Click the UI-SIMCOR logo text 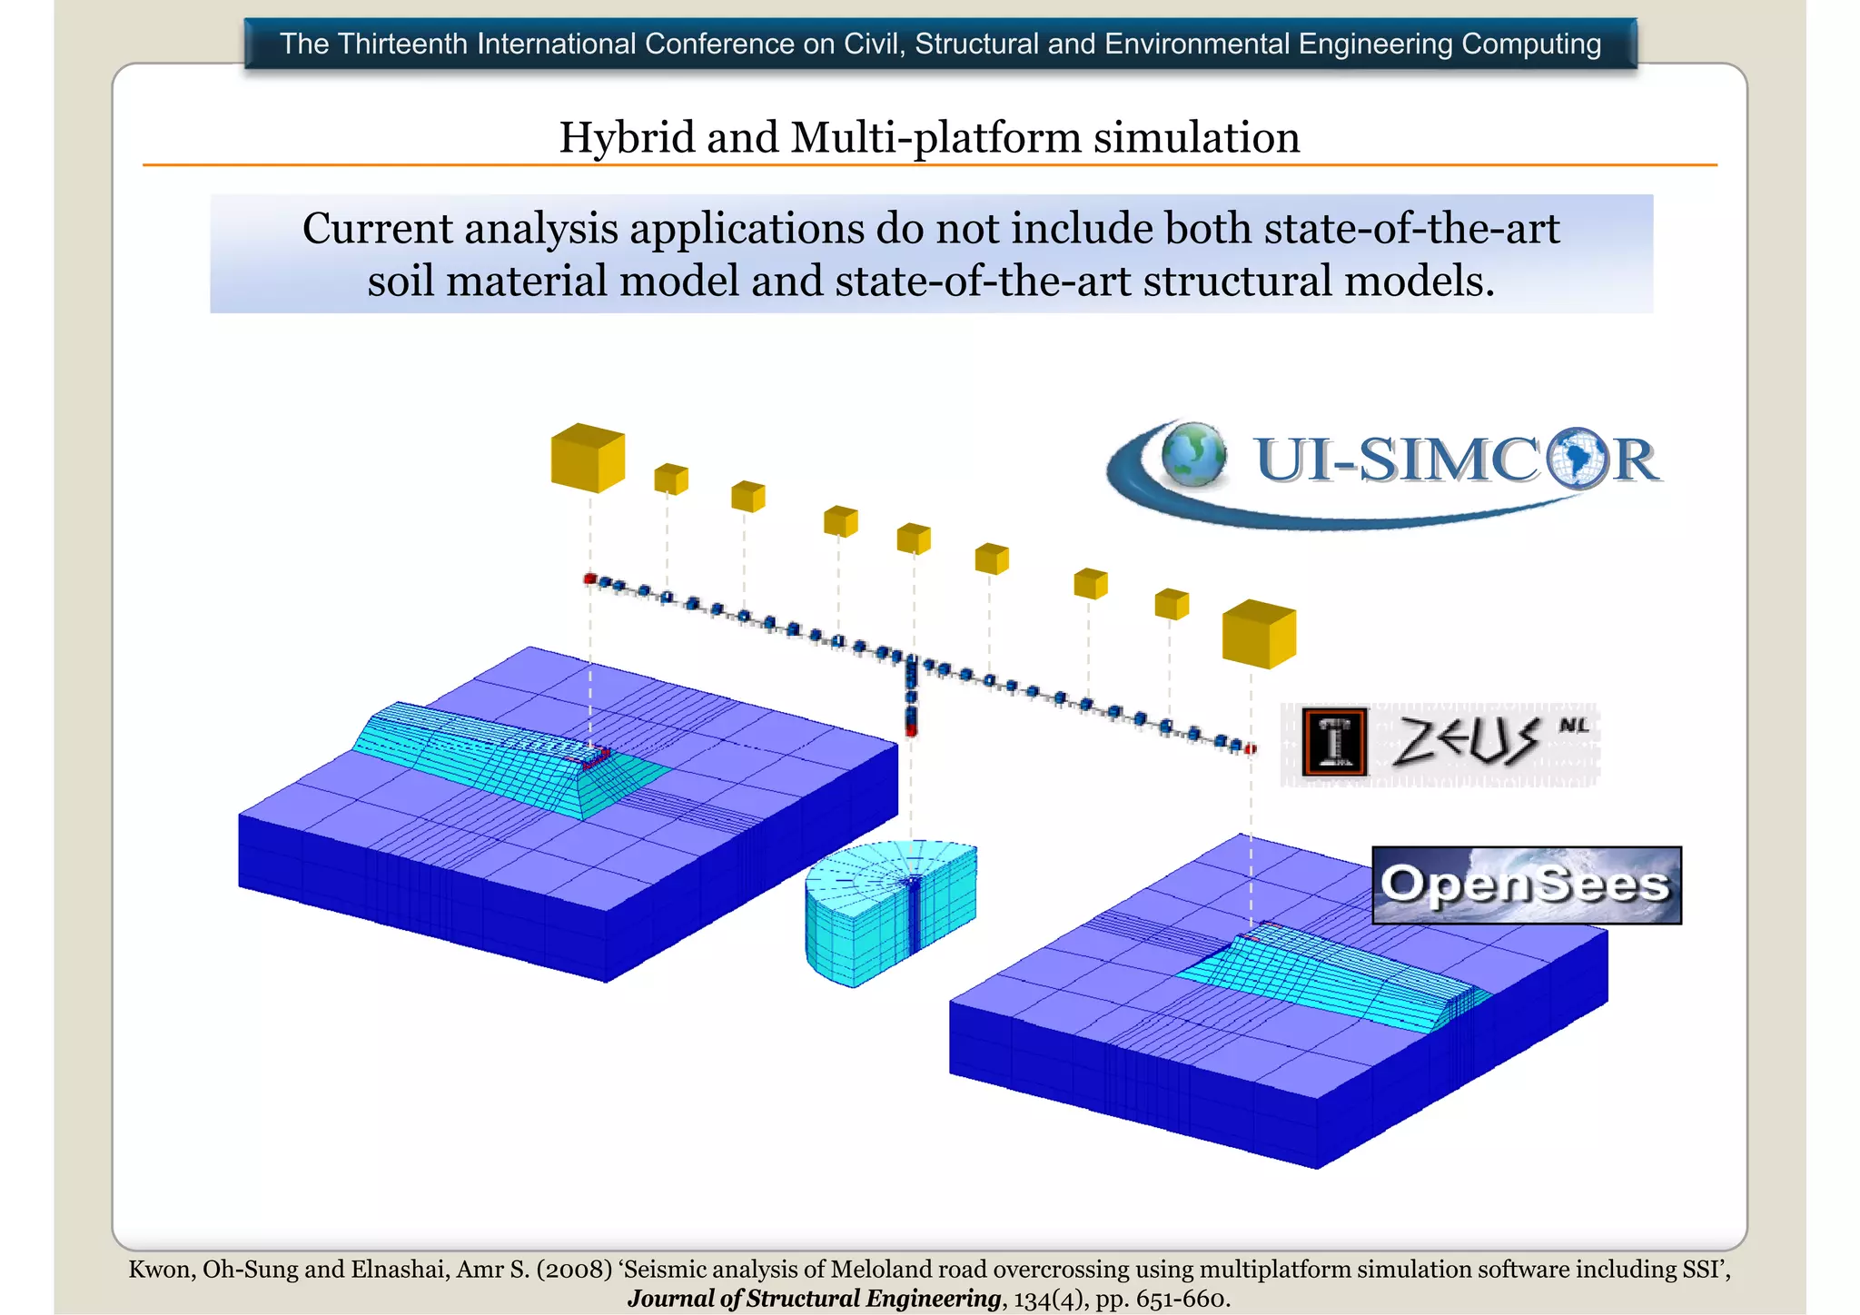[x=1457, y=460]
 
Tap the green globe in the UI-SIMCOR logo [x=1193, y=454]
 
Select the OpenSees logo [x=1526, y=885]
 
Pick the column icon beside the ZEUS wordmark [x=1334, y=742]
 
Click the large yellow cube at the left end [x=588, y=458]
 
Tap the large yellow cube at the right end [x=1259, y=634]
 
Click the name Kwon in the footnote [x=160, y=1269]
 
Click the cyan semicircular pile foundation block [x=890, y=913]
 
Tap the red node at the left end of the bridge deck [x=589, y=578]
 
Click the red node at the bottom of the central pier [x=911, y=729]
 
